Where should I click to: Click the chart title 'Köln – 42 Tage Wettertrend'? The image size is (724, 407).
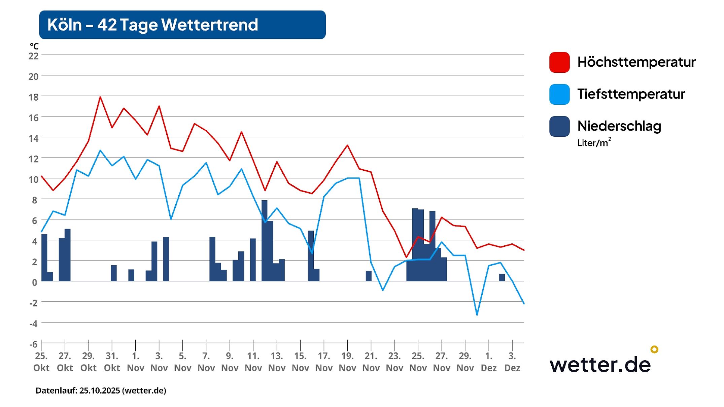pos(152,25)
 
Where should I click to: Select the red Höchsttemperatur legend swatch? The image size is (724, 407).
pos(559,62)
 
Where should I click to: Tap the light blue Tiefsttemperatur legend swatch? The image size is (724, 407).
pos(559,94)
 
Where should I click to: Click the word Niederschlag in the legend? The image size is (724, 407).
pos(619,126)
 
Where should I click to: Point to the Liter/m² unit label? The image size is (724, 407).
pos(594,143)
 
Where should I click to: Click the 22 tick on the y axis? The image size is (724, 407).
pos(33,56)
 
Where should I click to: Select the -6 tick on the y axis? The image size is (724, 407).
pos(33,344)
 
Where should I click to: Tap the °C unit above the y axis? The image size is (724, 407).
pos(34,46)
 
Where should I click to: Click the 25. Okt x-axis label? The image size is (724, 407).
pos(41,362)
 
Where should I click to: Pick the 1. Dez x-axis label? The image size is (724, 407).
pos(488,362)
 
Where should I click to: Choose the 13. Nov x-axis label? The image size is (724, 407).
pos(277,362)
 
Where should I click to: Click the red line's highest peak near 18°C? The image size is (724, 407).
pos(100,97)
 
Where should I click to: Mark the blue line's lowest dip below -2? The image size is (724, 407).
pos(477,314)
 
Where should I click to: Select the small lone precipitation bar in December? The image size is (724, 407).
pos(502,277)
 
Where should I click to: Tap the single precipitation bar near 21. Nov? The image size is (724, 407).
pos(369,276)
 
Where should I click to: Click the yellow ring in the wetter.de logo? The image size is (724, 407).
pos(654,349)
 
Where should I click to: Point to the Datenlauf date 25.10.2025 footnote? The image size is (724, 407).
pos(101,391)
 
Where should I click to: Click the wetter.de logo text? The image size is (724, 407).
pos(600,365)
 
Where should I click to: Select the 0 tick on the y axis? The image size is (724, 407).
pos(34,282)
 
